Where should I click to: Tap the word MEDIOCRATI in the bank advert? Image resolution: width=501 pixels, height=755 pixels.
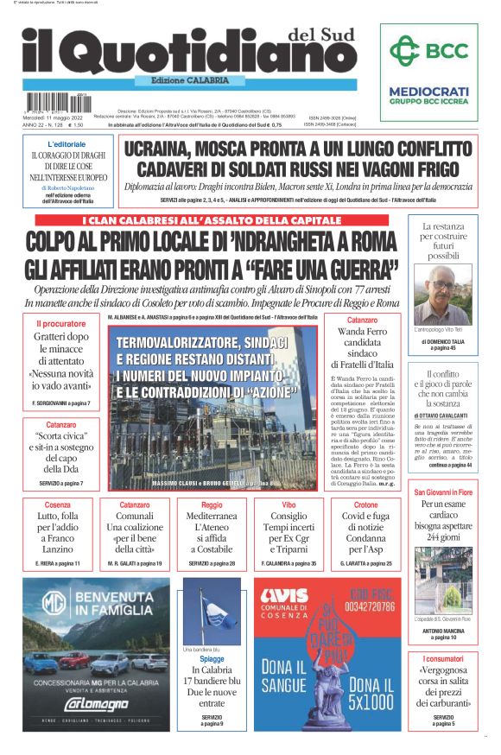(x=428, y=90)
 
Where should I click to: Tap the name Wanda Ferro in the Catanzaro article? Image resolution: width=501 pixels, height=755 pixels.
(x=362, y=331)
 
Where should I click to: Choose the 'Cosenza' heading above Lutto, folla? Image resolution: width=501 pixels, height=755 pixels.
(x=58, y=504)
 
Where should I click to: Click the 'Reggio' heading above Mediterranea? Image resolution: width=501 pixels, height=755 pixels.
(x=211, y=504)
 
